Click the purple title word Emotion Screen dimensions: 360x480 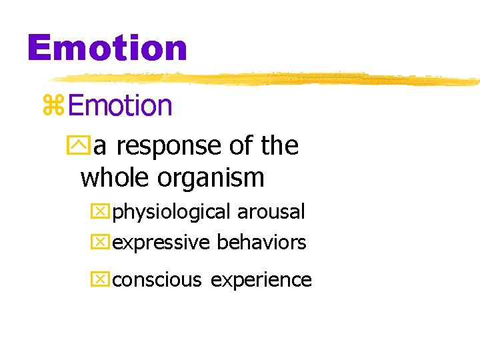point(107,49)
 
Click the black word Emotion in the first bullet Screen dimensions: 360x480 point(120,105)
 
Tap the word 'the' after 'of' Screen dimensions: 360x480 point(279,145)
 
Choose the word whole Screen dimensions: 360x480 point(115,177)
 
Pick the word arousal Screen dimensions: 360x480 point(271,212)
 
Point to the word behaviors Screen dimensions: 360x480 point(261,242)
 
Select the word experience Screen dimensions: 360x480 point(261,280)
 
